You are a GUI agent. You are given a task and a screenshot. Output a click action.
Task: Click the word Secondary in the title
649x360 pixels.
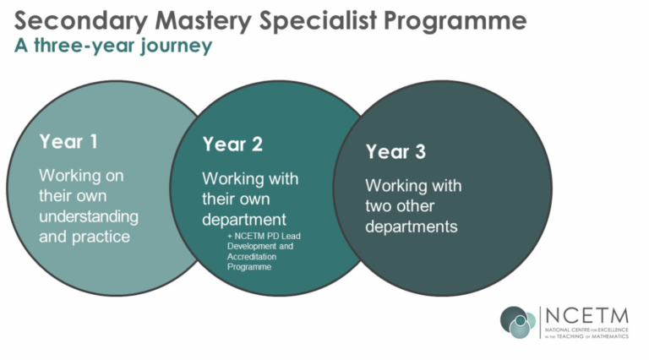coord(81,21)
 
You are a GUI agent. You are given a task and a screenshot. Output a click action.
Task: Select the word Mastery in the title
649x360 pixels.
coord(203,21)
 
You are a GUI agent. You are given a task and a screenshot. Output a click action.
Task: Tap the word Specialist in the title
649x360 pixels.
coord(318,21)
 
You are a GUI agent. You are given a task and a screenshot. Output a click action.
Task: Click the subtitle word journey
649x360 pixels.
coord(177,46)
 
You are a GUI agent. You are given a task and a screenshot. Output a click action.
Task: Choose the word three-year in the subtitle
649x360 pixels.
coord(85,46)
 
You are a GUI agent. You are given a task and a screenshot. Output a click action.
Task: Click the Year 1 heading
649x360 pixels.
coord(68,141)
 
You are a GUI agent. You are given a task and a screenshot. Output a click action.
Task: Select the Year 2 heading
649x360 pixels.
coord(232,145)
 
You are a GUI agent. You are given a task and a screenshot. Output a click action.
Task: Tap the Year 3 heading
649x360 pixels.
coord(395,151)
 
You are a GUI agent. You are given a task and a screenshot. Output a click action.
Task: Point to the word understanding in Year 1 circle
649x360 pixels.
coord(89,217)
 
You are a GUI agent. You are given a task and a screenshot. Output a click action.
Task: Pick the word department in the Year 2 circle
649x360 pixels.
coord(243,220)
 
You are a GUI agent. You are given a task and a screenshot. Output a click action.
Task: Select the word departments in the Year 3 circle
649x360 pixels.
coord(411,226)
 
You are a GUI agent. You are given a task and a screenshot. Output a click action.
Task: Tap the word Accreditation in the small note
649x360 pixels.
coord(252,257)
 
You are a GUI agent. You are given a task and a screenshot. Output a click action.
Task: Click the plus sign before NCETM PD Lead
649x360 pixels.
coord(230,237)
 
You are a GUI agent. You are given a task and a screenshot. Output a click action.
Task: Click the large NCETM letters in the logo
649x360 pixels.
coord(587,316)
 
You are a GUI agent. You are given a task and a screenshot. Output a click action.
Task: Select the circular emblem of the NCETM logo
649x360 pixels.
coord(518,322)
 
